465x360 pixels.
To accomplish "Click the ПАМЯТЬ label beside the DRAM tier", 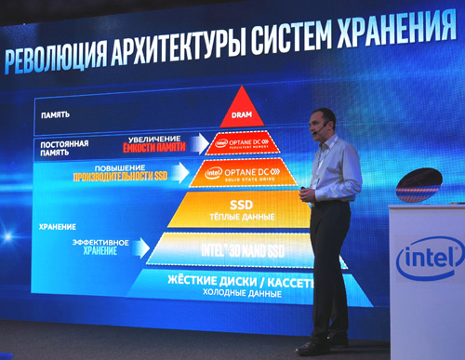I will tap(57, 116).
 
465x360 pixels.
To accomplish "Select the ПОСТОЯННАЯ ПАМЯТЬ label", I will tap(64, 148).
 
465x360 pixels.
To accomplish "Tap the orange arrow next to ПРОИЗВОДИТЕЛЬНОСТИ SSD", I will tap(183, 171).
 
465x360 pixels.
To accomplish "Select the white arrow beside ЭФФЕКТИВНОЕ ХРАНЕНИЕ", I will tap(139, 246).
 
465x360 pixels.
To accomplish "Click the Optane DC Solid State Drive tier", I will tap(242, 173).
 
